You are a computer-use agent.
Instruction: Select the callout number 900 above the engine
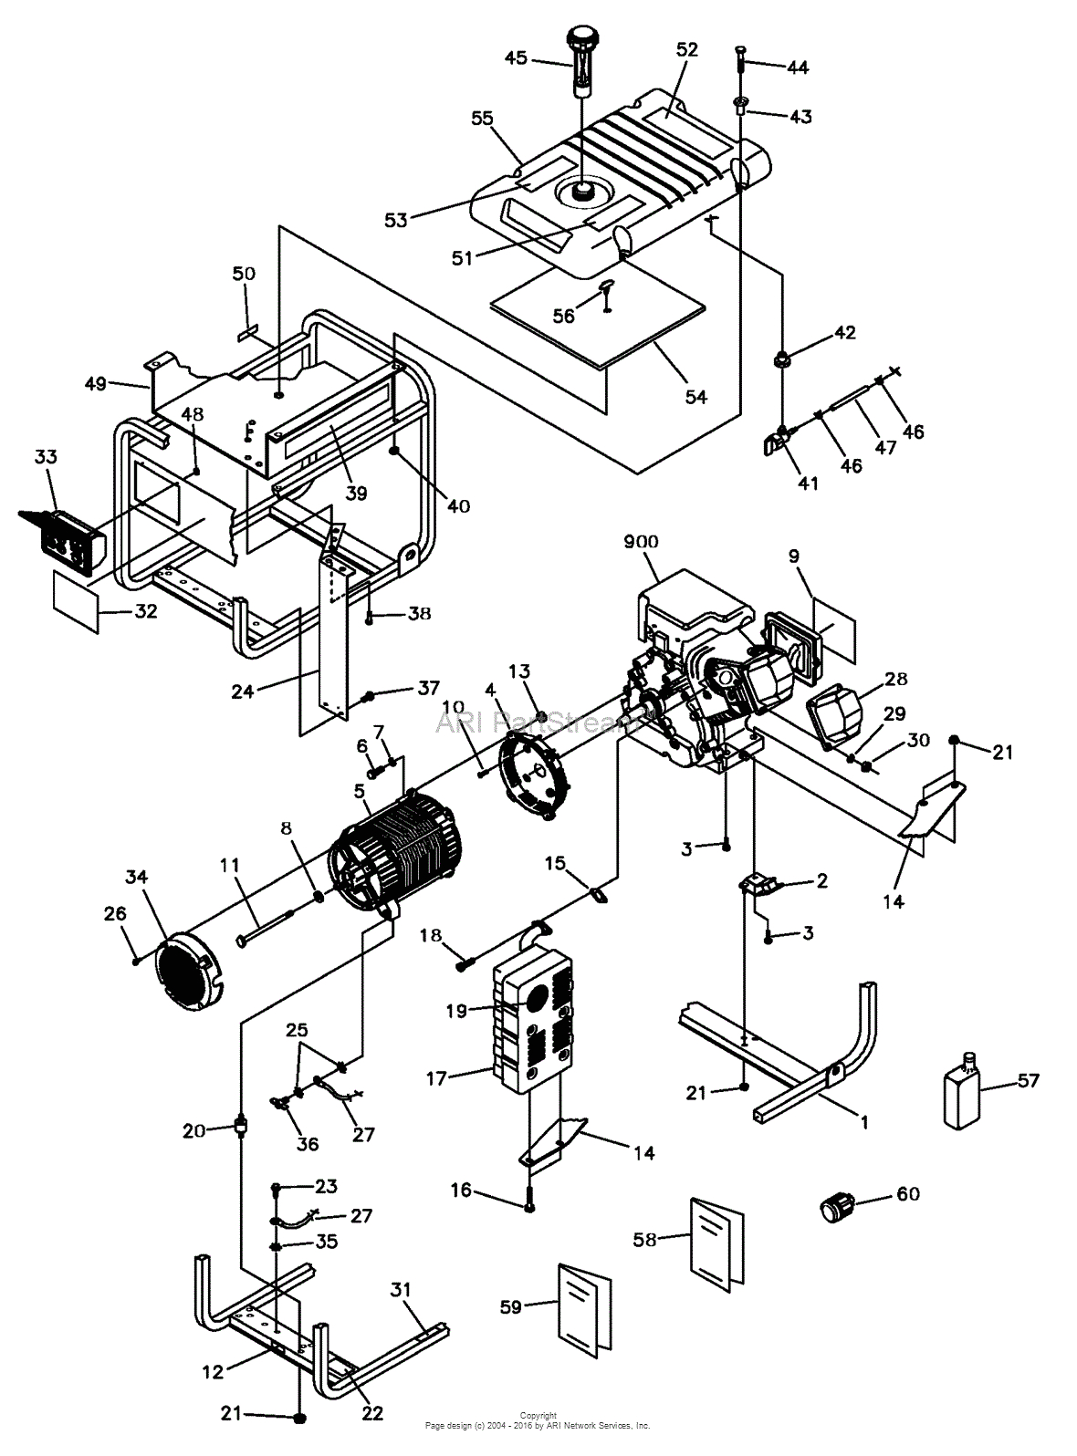coord(641,541)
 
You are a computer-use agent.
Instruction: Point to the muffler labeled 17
coord(532,1027)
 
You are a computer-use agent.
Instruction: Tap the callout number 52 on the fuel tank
coord(686,50)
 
